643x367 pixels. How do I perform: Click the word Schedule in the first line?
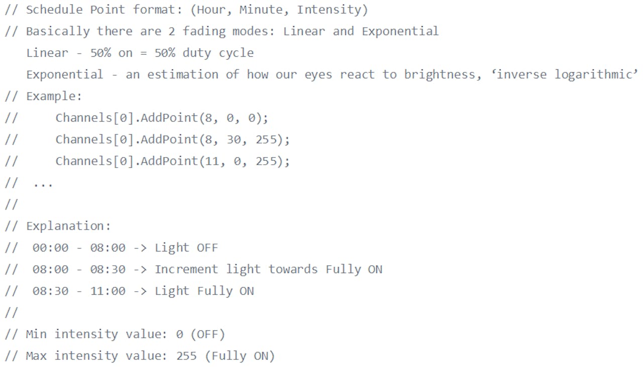point(54,10)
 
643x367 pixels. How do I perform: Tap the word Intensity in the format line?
point(329,10)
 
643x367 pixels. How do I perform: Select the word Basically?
point(58,32)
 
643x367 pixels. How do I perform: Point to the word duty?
point(196,53)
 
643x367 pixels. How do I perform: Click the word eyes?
point(318,75)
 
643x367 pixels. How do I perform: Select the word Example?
point(51,96)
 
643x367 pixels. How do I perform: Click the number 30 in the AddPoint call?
point(234,140)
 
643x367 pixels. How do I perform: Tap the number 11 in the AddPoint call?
point(212,161)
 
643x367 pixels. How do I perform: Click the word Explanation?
point(65,226)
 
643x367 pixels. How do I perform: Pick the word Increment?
point(186,270)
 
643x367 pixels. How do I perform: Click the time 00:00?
point(51,248)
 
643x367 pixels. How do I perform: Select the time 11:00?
point(108,291)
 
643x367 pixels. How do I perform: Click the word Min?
point(36,334)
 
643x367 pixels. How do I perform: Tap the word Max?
point(36,356)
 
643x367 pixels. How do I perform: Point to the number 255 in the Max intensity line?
point(186,356)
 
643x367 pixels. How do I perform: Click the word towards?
point(293,270)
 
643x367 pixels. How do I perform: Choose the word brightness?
point(440,75)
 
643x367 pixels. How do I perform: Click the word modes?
point(250,32)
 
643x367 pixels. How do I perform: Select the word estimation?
point(183,75)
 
